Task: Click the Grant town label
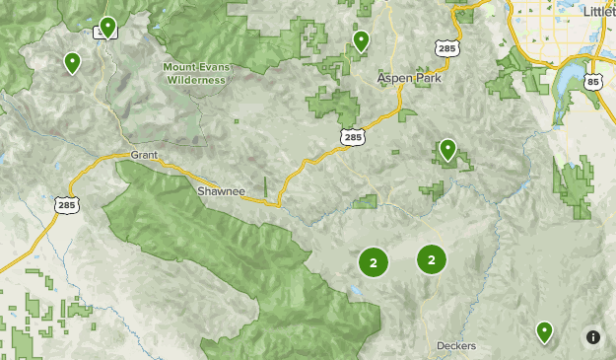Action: click(144, 155)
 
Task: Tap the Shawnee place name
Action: click(220, 190)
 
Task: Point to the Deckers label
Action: click(456, 346)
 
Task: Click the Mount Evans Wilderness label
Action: click(194, 73)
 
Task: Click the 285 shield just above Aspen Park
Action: click(446, 46)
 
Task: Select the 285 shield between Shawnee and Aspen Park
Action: click(352, 137)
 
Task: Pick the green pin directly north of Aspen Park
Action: click(362, 40)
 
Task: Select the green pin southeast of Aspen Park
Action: click(447, 149)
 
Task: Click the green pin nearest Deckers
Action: click(544, 331)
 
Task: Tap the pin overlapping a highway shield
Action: click(106, 27)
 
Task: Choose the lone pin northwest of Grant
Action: click(72, 63)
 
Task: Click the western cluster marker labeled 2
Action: click(374, 262)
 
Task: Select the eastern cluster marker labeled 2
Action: click(432, 259)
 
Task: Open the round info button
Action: click(592, 336)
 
